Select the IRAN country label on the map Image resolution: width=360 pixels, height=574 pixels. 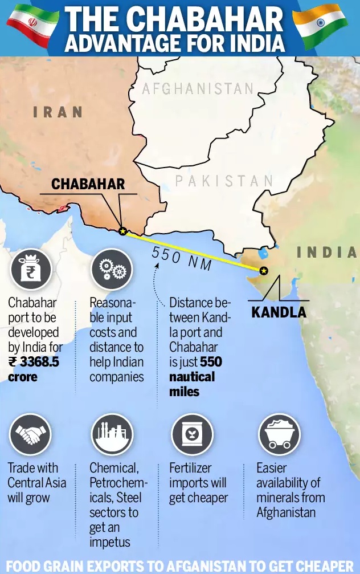[58, 112]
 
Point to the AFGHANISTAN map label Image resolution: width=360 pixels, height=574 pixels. [197, 89]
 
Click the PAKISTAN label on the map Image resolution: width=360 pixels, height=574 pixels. [224, 181]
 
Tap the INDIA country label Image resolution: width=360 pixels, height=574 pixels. [327, 252]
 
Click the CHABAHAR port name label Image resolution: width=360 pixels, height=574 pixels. [88, 184]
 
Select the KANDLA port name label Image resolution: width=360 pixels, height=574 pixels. [279, 312]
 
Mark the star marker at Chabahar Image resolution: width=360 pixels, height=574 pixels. [122, 231]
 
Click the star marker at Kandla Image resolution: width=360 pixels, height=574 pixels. [263, 271]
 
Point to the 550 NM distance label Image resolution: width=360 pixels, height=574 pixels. [182, 259]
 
